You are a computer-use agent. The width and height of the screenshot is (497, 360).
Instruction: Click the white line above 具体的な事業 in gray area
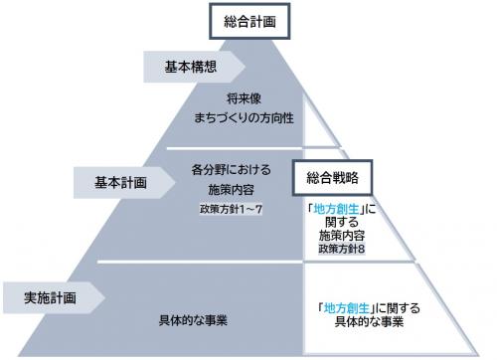pos(199,264)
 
